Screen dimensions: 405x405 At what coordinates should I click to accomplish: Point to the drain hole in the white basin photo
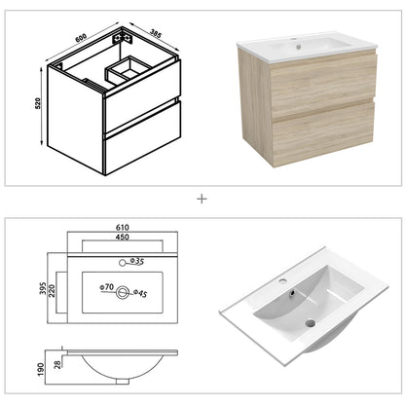310,321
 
